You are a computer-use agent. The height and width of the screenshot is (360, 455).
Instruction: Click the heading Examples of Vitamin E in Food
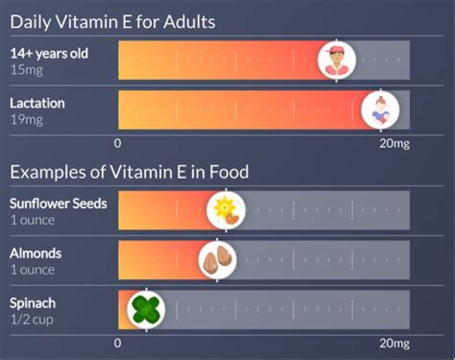point(129,172)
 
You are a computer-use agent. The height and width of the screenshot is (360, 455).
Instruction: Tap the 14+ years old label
point(49,54)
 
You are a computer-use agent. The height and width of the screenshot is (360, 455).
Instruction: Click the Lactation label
point(37,103)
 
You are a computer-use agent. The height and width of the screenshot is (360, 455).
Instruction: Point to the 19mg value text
point(26,119)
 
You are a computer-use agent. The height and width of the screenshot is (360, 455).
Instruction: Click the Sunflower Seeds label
point(58,203)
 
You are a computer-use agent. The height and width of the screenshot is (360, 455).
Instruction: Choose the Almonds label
point(35,253)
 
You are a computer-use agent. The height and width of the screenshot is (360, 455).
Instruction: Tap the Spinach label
point(32,303)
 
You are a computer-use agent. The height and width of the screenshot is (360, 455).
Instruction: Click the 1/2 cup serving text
point(31,320)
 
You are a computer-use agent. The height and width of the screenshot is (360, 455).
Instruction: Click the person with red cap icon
point(336,60)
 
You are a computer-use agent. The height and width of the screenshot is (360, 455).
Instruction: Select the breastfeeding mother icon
point(380,110)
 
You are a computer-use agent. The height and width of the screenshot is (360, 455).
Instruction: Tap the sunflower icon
point(226,210)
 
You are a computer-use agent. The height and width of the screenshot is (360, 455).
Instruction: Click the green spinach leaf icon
point(146,309)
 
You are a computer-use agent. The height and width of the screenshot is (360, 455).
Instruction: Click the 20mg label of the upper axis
point(394,144)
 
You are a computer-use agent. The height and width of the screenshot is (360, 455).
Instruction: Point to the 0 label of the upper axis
point(118,144)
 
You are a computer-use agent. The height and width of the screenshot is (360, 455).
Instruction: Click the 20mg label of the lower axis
point(394,344)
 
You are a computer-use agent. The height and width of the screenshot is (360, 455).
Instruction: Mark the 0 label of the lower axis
point(118,344)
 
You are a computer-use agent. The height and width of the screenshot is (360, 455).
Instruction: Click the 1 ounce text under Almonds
point(32,270)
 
